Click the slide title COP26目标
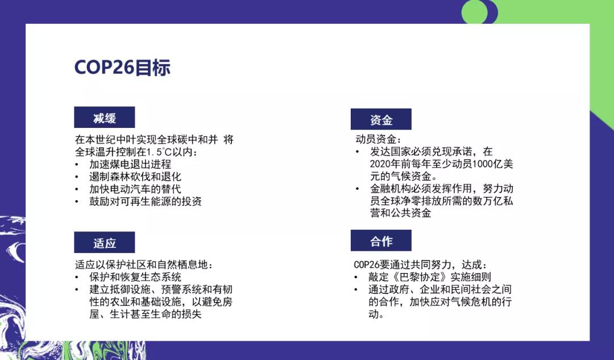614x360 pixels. pos(122,67)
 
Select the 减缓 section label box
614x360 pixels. pos(104,117)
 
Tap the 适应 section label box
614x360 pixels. pos(104,242)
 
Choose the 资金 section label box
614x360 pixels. pos(381,119)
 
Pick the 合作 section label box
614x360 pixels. pos(381,240)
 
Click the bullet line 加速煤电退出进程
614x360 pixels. pos(130,164)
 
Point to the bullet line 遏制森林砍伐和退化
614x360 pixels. pos(135,177)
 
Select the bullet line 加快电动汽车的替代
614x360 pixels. pos(135,189)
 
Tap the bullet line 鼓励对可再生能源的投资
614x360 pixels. pos(146,201)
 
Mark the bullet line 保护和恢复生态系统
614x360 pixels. pos(135,277)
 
